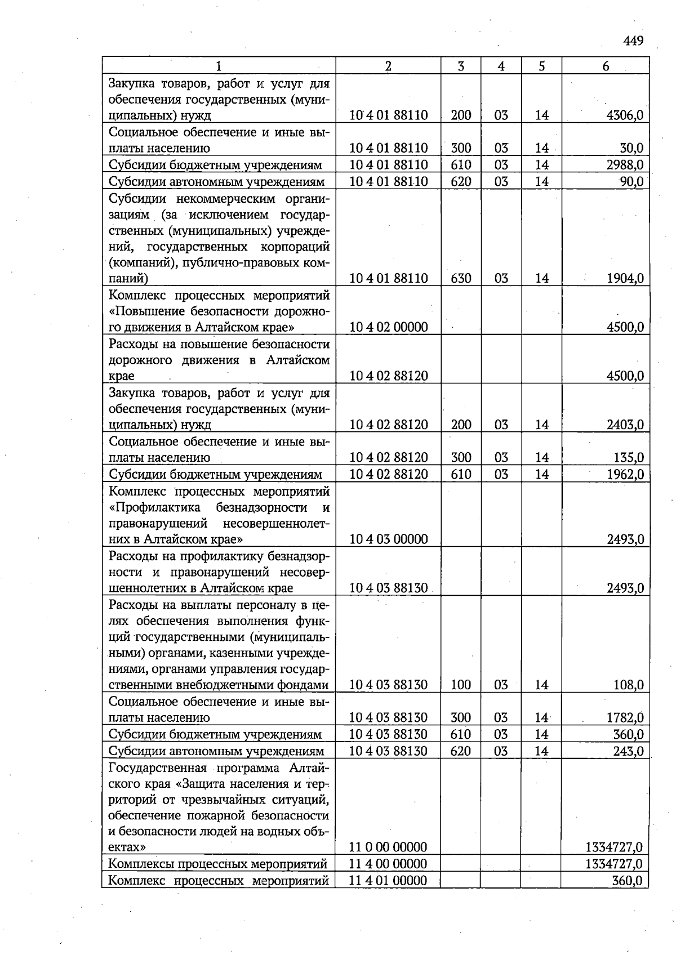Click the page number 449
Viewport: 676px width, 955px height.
[633, 41]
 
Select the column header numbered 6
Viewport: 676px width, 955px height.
[606, 66]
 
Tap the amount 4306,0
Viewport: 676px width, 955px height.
[625, 115]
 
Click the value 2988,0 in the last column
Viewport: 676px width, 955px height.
[625, 165]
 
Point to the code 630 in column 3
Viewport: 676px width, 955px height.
[461, 278]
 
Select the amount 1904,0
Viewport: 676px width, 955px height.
[625, 278]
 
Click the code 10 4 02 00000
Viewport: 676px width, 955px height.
[388, 327]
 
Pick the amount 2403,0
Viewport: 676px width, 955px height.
[625, 425]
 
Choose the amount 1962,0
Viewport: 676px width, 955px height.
[625, 474]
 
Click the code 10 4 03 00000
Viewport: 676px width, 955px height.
[388, 539]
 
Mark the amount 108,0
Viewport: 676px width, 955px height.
[629, 685]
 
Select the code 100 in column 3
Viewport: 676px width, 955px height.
[461, 685]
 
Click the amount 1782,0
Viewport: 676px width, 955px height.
[625, 718]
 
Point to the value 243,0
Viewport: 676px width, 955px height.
[629, 751]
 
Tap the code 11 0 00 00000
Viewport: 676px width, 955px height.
[388, 847]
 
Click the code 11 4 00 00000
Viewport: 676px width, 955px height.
[388, 864]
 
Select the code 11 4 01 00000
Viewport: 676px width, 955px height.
[388, 881]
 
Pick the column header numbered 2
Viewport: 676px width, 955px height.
[388, 66]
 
